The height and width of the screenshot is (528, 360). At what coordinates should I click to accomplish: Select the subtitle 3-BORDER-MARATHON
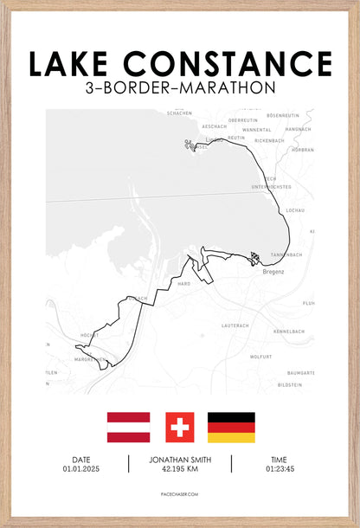point(181,87)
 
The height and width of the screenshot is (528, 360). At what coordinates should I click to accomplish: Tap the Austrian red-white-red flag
point(129,427)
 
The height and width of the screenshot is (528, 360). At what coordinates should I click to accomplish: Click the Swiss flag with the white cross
point(180,427)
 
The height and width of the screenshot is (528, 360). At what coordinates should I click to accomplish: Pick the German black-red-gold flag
point(231,427)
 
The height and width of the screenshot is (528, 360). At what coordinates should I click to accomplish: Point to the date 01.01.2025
point(80,468)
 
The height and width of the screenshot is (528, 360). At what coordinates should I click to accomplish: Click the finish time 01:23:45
point(279,468)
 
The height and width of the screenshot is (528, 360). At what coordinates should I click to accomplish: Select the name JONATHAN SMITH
point(180,459)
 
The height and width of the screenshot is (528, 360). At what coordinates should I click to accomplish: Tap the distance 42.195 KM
point(180,468)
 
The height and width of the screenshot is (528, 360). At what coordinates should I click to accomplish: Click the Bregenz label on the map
point(273,272)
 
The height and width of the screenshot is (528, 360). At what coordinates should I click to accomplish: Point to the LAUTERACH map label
point(235,325)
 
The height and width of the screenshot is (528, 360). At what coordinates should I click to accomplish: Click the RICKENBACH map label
point(269,140)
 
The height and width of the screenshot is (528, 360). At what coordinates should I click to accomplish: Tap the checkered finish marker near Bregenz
point(254,257)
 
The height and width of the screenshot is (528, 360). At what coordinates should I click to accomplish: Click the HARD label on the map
point(183,284)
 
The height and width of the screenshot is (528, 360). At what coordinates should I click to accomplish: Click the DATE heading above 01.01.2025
point(80,459)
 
